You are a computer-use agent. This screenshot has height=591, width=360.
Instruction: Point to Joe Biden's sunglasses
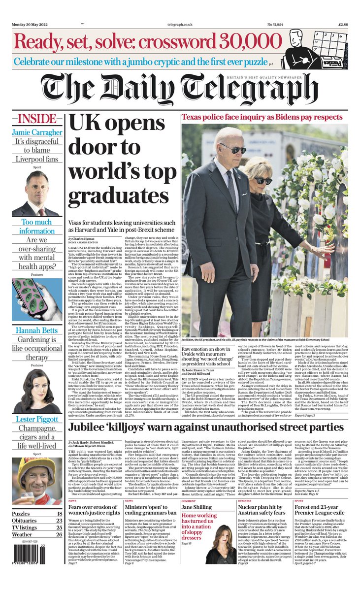tap(232, 150)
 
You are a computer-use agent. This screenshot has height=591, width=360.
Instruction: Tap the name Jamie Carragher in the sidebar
tap(37, 132)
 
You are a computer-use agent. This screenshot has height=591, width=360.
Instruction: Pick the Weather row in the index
tap(37, 534)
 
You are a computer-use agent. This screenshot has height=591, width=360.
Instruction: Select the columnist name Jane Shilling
tap(197, 507)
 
